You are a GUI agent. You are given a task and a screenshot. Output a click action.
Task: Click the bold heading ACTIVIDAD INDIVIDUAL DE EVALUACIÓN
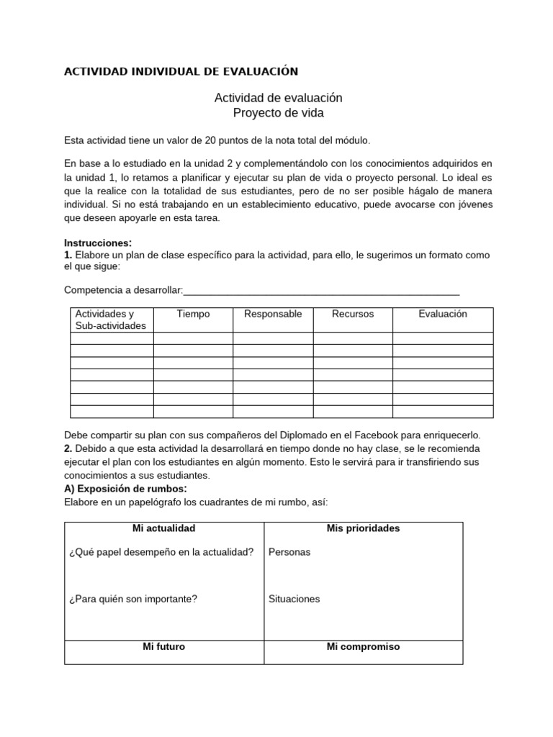(x=181, y=71)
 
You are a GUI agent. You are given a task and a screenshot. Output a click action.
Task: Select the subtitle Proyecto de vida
(x=278, y=113)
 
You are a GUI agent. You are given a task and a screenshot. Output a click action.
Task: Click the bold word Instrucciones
(x=97, y=243)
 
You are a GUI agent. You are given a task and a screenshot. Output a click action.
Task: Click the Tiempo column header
(x=193, y=314)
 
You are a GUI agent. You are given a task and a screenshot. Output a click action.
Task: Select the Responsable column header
(x=273, y=314)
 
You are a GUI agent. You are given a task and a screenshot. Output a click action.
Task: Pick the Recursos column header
(x=353, y=314)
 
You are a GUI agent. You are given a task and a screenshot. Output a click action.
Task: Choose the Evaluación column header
(x=443, y=314)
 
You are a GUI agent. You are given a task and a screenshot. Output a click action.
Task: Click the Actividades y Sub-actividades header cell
(x=110, y=320)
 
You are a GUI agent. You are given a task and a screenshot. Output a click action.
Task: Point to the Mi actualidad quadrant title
(x=164, y=528)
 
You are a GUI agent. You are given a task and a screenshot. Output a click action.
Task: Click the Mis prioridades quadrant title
(x=363, y=528)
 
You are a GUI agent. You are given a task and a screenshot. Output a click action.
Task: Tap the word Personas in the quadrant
(x=289, y=552)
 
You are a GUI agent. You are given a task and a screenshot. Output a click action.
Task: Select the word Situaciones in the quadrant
(x=294, y=599)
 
